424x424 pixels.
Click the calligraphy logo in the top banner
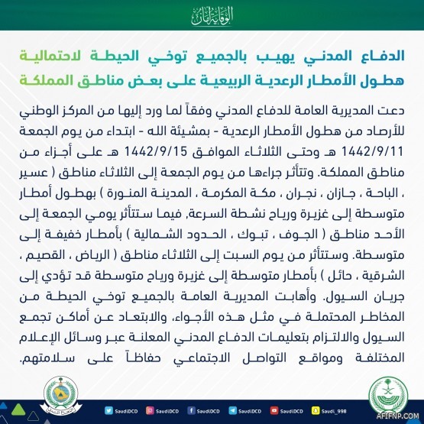[x=212, y=15]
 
